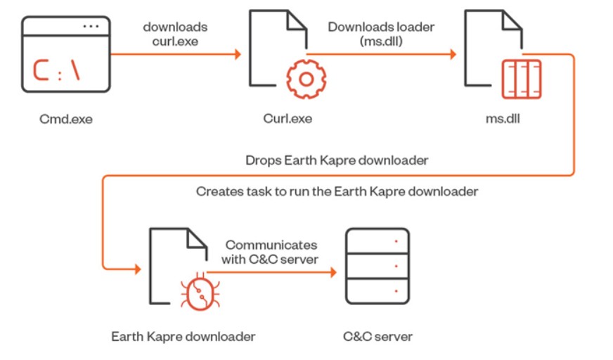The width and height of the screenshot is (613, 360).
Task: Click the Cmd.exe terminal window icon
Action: tap(66, 55)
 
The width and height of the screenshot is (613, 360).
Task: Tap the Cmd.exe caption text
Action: tap(66, 119)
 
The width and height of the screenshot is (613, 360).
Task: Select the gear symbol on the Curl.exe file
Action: tap(305, 79)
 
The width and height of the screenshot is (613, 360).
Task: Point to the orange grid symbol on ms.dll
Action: tap(522, 79)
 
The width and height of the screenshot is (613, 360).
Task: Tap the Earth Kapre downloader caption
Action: tap(183, 336)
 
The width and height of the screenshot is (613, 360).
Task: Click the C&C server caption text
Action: tap(378, 336)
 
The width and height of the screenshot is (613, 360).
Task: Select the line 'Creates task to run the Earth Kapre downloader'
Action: tap(337, 191)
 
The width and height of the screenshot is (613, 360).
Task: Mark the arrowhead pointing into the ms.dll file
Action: tap(453, 54)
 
